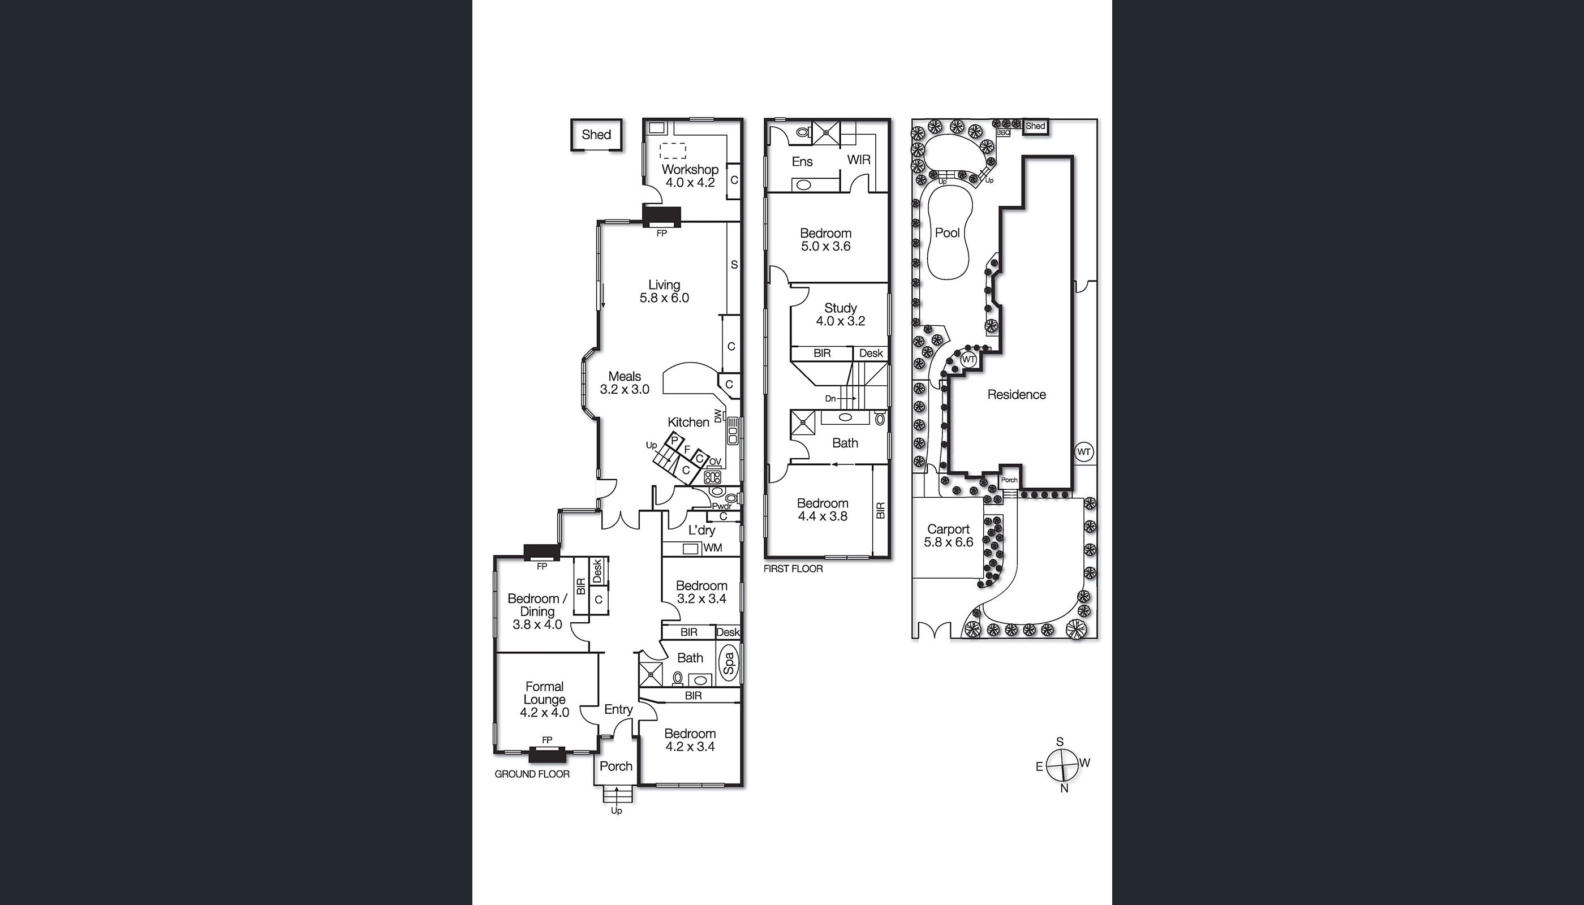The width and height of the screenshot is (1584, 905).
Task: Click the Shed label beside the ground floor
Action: pyautogui.click(x=596, y=135)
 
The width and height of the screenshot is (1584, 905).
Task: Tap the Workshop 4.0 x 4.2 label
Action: pyautogui.click(x=690, y=176)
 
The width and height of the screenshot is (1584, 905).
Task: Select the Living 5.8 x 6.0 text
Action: pyautogui.click(x=664, y=291)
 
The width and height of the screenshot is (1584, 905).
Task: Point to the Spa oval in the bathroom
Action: pyautogui.click(x=729, y=665)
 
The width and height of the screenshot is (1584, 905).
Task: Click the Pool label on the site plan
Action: pyautogui.click(x=948, y=233)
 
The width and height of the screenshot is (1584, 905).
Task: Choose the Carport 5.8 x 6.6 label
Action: pyautogui.click(x=948, y=535)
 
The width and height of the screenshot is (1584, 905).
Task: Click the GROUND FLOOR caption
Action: pyautogui.click(x=532, y=774)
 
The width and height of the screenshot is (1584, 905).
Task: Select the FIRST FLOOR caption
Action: pyautogui.click(x=793, y=568)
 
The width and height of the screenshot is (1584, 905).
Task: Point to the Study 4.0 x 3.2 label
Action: pyautogui.click(x=841, y=314)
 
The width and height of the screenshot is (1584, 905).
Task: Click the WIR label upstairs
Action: pyautogui.click(x=859, y=160)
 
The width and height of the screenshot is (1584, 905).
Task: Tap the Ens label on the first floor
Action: pyautogui.click(x=802, y=162)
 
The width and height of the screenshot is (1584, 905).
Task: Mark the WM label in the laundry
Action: pyautogui.click(x=712, y=548)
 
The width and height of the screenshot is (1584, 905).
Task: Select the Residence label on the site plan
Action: pyautogui.click(x=1017, y=395)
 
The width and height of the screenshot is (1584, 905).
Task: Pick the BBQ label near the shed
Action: pyautogui.click(x=1003, y=132)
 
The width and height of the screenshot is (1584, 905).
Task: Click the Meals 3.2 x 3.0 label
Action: pyautogui.click(x=624, y=383)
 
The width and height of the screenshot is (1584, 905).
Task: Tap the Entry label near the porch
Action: pyautogui.click(x=618, y=709)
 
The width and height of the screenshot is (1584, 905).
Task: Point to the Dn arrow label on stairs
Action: pyautogui.click(x=830, y=398)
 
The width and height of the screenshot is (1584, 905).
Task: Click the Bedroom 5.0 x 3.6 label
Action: pyautogui.click(x=825, y=240)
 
